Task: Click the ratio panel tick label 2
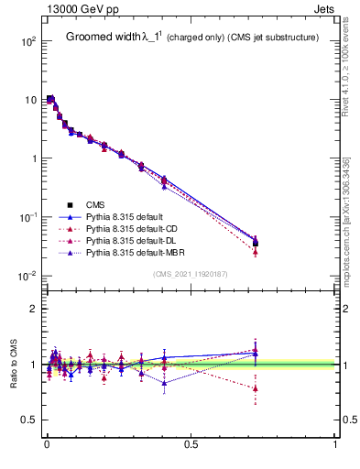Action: (33, 309)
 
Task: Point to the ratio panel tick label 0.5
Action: (29, 420)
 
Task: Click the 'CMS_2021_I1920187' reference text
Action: (191, 275)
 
